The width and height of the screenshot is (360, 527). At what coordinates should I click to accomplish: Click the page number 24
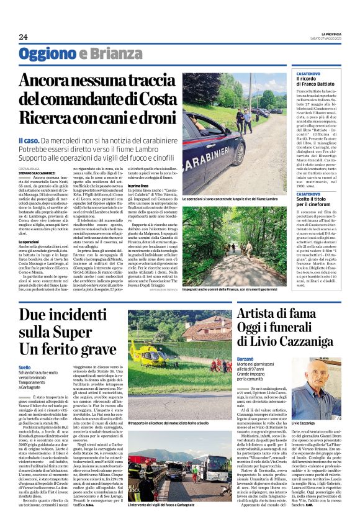coord(23,37)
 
